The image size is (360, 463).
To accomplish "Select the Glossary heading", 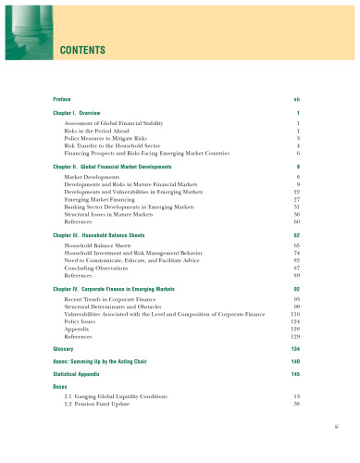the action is (x=66, y=349).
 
